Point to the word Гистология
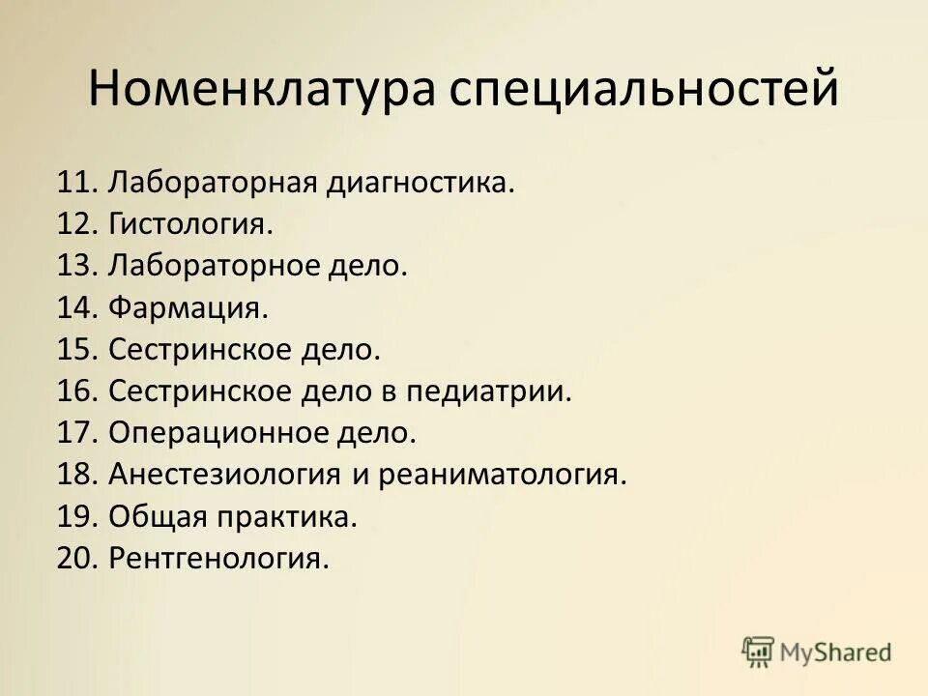coord(190,225)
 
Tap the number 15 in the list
coord(74,350)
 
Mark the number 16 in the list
coord(74,391)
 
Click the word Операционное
coord(221,433)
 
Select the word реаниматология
coord(503,476)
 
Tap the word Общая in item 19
coord(158,517)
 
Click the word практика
coord(287,517)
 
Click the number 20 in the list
coord(74,559)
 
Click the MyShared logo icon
coord(758,652)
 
